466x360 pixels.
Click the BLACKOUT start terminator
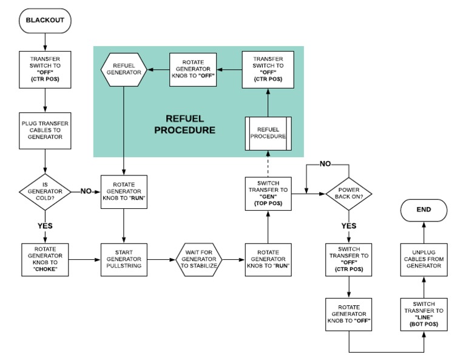pos(46,20)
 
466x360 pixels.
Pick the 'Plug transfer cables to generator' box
pos(46,129)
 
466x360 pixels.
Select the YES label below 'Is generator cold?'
pos(46,224)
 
